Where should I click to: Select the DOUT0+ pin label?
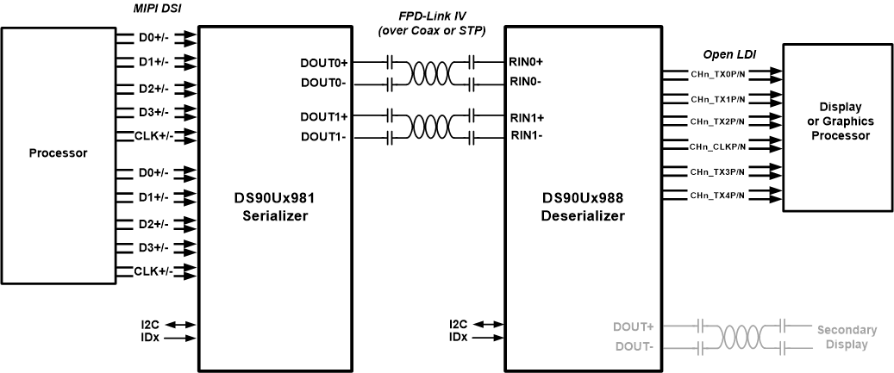(x=323, y=63)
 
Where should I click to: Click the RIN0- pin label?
(x=526, y=82)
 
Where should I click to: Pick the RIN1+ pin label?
(x=527, y=116)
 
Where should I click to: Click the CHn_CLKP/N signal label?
(x=717, y=147)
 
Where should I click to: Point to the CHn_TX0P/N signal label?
(x=717, y=75)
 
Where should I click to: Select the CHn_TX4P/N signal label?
(x=717, y=196)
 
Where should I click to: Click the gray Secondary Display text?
(x=847, y=337)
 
